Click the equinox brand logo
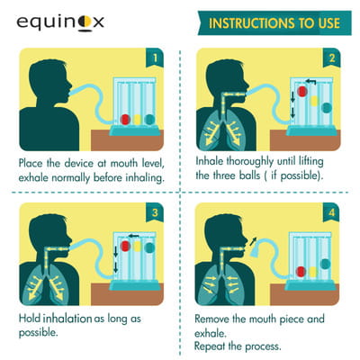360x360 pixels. pos(60,22)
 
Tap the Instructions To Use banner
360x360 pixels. pos(274,23)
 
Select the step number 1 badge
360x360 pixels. pos(155,58)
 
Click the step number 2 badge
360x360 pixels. pos(332,58)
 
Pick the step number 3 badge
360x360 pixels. pos(155,212)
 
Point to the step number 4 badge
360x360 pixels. pos(331,212)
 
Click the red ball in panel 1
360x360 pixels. pos(125,120)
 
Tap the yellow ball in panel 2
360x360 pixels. pos(314,101)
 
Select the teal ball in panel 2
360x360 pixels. pos(327,108)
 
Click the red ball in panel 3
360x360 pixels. pos(125,246)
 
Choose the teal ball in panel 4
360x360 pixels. pos(325,264)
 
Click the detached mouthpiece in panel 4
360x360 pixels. pos(255,251)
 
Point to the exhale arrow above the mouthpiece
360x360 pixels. pos(254,241)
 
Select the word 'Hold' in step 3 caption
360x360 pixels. pos(30,319)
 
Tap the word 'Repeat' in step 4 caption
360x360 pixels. pos(210,346)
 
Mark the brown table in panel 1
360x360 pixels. pos(127,140)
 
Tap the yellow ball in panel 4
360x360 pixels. pos(312,272)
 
